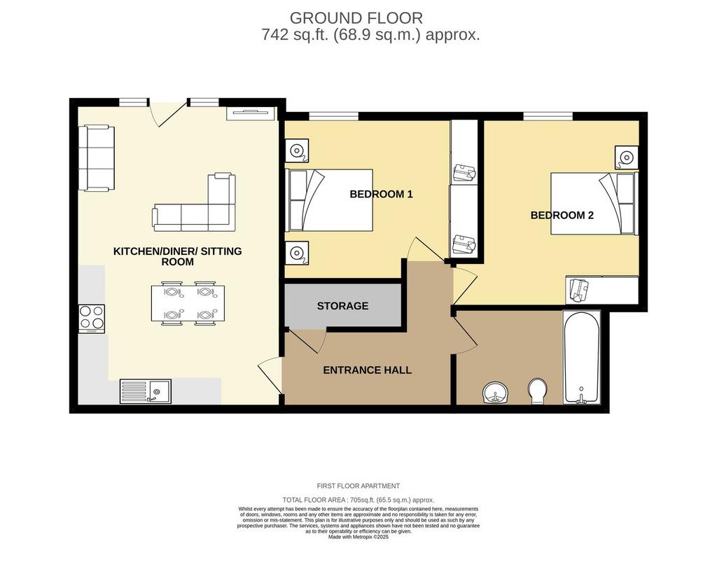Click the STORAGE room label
[342, 306]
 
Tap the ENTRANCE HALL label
[367, 370]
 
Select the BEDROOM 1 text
[381, 194]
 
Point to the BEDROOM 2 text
[562, 215]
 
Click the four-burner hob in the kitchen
[92, 318]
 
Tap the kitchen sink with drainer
[146, 391]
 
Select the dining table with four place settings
[188, 303]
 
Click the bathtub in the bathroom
[581, 358]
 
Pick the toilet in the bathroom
[537, 391]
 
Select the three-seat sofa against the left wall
[96, 157]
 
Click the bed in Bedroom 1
[329, 199]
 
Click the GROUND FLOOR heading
[356, 17]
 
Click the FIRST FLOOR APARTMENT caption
[358, 486]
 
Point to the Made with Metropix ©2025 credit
[358, 538]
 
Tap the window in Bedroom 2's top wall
[548, 115]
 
